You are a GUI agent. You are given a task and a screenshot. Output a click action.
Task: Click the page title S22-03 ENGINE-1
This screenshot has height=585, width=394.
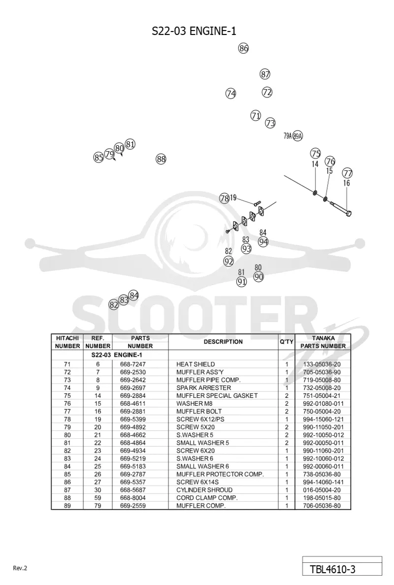pyautogui.click(x=194, y=31)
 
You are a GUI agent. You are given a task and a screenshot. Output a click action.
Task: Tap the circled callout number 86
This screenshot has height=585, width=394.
pyautogui.click(x=244, y=48)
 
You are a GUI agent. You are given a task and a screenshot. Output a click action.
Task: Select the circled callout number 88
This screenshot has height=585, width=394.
pyautogui.click(x=161, y=160)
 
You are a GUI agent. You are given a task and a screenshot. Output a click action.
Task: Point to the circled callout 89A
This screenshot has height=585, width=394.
pyautogui.click(x=298, y=136)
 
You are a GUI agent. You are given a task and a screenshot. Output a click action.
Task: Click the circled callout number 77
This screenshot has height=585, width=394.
pyautogui.click(x=347, y=173)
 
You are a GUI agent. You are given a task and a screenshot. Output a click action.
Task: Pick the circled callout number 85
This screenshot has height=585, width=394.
pyautogui.click(x=98, y=158)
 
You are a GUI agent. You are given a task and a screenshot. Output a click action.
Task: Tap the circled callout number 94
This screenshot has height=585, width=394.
pyautogui.click(x=263, y=242)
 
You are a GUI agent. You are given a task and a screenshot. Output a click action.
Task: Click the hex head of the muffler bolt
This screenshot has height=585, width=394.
pyautogui.click(x=348, y=213)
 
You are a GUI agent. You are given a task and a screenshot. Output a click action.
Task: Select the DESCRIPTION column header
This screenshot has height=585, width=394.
pyautogui.click(x=223, y=342)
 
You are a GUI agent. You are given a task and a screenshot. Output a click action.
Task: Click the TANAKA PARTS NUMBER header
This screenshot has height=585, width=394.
pyautogui.click(x=323, y=342)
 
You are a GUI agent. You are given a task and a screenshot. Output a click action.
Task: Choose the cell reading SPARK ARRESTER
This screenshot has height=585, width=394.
pyautogui.click(x=204, y=388)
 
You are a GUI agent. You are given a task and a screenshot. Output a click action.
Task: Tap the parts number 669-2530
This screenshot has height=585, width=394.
pyautogui.click(x=133, y=372)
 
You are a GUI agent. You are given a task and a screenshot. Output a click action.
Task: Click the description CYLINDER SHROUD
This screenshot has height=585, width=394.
pyautogui.click(x=204, y=490)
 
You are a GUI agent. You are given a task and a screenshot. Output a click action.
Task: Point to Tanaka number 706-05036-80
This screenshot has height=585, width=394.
pyautogui.click(x=322, y=506)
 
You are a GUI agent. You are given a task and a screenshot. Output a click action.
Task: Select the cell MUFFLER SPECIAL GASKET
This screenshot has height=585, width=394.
pyautogui.click(x=217, y=395)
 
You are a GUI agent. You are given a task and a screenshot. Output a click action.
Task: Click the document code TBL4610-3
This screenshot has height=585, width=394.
pyautogui.click(x=332, y=569)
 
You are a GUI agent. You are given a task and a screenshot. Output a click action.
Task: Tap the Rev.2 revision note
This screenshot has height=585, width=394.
pyautogui.click(x=20, y=568)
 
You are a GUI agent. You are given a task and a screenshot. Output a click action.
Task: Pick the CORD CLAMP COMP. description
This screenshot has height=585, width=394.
pyautogui.click(x=207, y=498)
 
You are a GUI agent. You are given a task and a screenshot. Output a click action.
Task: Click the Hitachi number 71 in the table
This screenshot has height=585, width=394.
pyautogui.click(x=67, y=364)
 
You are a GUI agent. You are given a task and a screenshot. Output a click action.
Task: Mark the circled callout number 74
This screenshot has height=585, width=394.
pyautogui.click(x=231, y=93)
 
